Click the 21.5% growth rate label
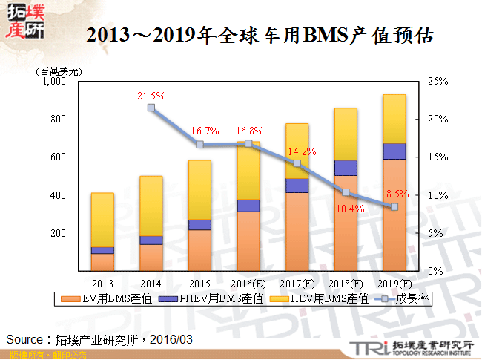click(x=151, y=96)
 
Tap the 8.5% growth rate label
click(x=397, y=194)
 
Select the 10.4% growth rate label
click(x=350, y=209)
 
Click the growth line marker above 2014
click(x=151, y=108)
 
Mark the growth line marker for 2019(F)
click(x=394, y=206)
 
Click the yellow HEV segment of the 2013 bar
click(x=102, y=220)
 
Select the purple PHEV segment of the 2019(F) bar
click(x=394, y=151)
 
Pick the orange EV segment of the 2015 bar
click(x=199, y=250)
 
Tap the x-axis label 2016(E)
click(x=248, y=283)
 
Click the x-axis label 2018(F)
click(x=346, y=283)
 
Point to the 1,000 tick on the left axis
click(x=56, y=81)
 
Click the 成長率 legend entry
click(x=414, y=298)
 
